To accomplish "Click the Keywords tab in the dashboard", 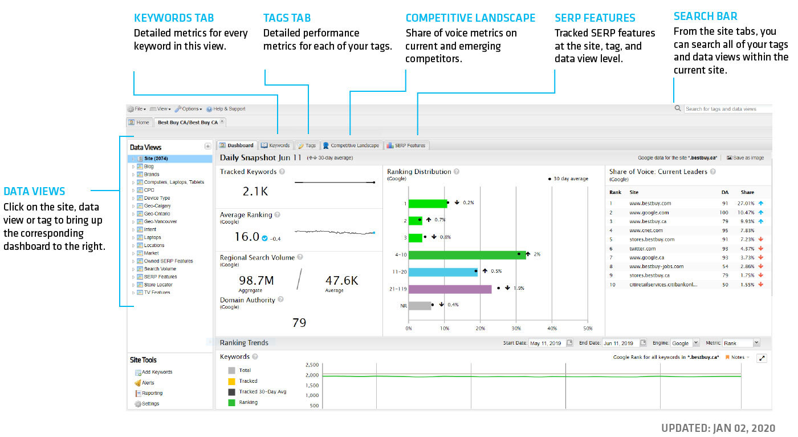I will (276, 145).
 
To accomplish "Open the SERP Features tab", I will (406, 145).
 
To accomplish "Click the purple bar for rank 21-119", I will (450, 289).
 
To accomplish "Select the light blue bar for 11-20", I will (443, 272).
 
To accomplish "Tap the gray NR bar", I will (420, 306).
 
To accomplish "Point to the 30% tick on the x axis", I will (516, 329).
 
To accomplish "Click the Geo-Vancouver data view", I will (160, 221).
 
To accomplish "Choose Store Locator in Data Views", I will (158, 285).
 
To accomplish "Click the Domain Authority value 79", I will (299, 323).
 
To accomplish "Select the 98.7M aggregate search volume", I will (256, 280).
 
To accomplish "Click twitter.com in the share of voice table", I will (642, 249).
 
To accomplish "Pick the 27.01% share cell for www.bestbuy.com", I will (746, 203).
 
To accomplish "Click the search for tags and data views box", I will (727, 109).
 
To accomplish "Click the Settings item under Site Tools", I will (150, 404).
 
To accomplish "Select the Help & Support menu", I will (229, 109).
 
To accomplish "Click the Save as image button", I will (745, 158).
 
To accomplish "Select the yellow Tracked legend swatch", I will (231, 381).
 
